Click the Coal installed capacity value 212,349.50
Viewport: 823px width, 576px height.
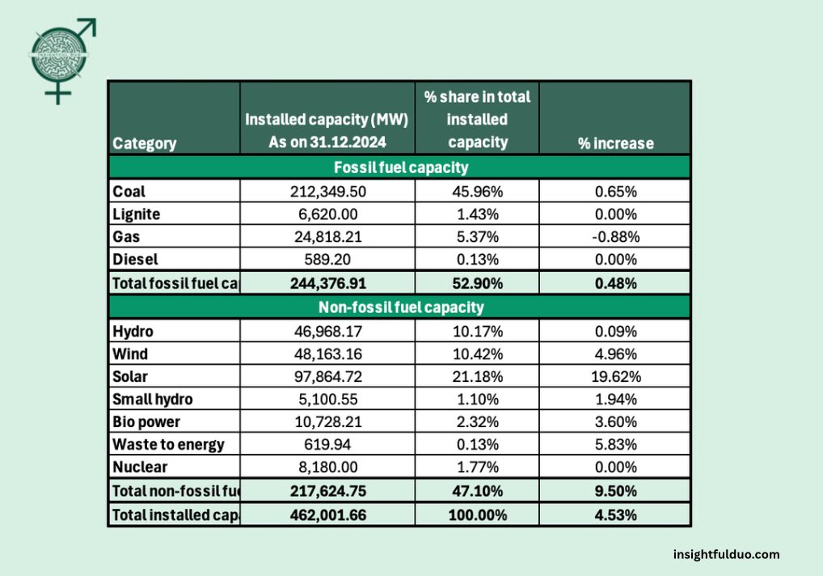coord(327,192)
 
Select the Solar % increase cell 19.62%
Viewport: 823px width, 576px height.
coord(614,377)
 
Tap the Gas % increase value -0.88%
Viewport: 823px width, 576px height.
coord(614,237)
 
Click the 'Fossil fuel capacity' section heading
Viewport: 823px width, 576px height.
coord(401,168)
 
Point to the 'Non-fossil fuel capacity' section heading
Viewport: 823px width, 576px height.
coord(401,307)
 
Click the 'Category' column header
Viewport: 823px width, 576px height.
coord(145,144)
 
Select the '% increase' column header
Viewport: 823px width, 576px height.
coord(615,144)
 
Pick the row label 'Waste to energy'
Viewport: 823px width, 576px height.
coord(168,445)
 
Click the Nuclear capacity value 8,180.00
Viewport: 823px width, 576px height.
coord(327,468)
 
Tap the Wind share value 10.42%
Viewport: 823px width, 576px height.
coord(477,354)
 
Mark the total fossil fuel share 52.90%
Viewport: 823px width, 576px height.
coord(477,284)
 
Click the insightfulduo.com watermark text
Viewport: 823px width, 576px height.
coord(726,554)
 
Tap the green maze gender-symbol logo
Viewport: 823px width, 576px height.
coord(61,59)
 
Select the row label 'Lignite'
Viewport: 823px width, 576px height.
coord(137,214)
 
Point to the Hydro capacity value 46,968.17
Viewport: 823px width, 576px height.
coord(327,332)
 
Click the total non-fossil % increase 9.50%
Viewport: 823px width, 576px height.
coord(614,490)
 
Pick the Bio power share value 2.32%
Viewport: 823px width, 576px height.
coord(477,422)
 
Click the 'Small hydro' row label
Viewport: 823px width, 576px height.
coord(153,400)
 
